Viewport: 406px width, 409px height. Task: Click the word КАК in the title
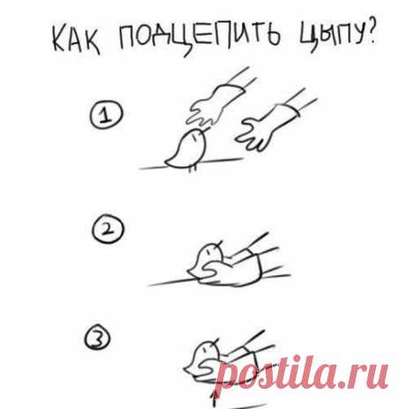click(x=77, y=39)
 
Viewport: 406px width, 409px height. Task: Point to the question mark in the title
click(x=370, y=33)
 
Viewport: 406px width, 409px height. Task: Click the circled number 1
click(x=106, y=115)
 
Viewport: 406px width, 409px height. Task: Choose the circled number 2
click(x=108, y=229)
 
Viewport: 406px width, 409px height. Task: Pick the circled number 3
click(x=97, y=338)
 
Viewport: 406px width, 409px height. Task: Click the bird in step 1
click(x=186, y=150)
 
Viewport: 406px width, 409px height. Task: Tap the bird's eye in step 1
click(x=194, y=137)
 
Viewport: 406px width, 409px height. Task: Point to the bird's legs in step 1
click(x=192, y=169)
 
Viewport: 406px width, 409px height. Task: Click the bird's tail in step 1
click(x=170, y=162)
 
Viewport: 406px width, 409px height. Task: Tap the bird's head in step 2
click(x=210, y=252)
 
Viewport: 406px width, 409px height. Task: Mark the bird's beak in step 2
click(x=220, y=243)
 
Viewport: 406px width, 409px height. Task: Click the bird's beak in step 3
click(x=216, y=341)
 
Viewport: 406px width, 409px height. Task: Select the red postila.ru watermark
click(x=302, y=373)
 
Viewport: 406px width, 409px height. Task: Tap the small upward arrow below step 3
click(x=214, y=398)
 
